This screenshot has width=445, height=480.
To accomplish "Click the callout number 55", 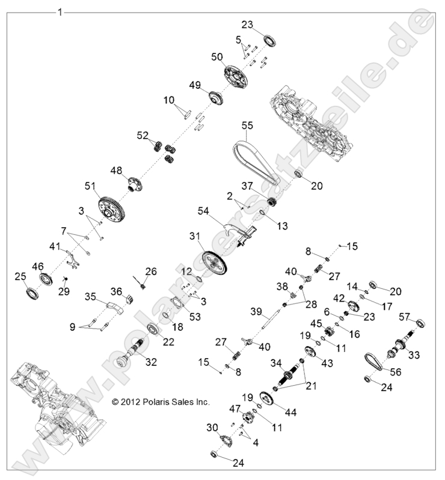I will [x=247, y=126].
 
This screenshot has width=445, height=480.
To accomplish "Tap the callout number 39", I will [x=256, y=312].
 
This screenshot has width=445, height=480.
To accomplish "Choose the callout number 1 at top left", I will [x=59, y=11].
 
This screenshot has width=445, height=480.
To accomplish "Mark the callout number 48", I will [x=116, y=170].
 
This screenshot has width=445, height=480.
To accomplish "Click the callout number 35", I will [x=90, y=296].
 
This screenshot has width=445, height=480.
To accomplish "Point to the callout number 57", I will [x=405, y=317].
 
